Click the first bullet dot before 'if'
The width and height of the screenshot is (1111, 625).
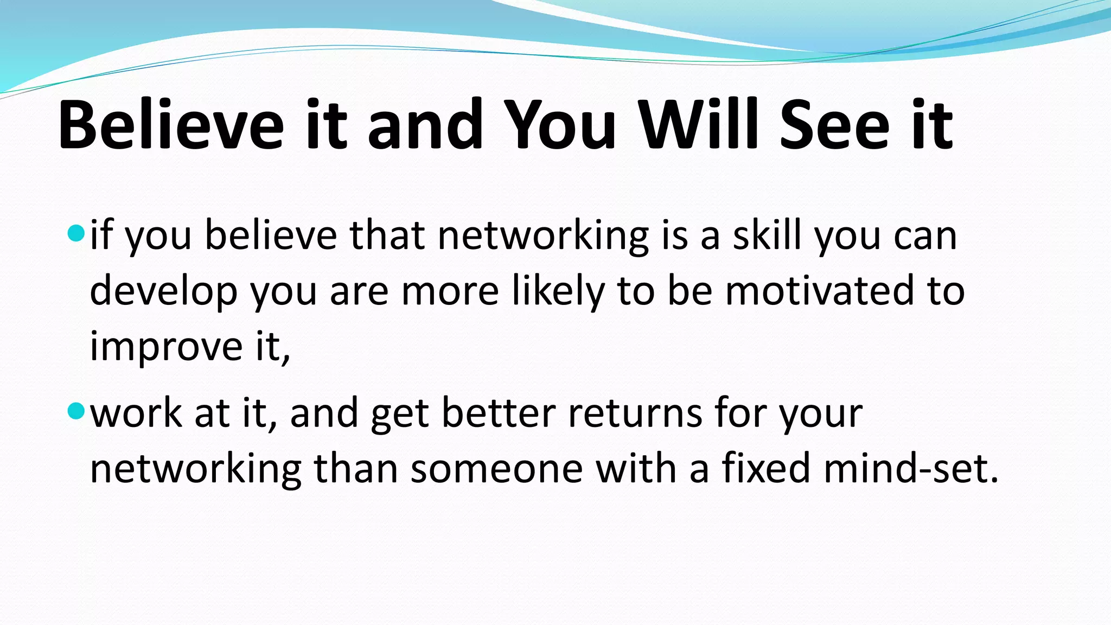tap(76, 234)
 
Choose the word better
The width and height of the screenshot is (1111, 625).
tap(499, 413)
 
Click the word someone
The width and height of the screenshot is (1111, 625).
tap(496, 469)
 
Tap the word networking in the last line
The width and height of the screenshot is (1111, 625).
tap(195, 470)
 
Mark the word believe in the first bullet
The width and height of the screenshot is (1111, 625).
tap(271, 236)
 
